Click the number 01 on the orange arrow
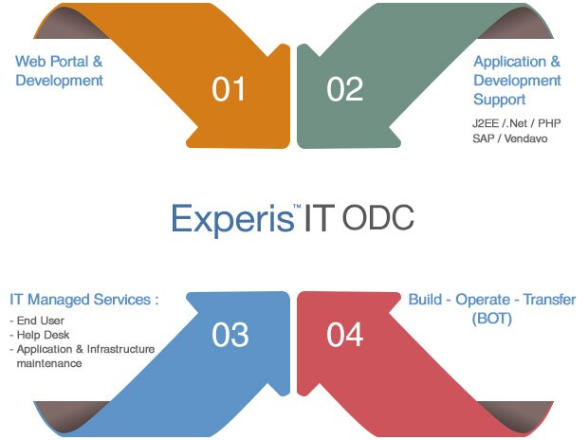pyautogui.click(x=229, y=89)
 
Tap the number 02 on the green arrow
pyautogui.click(x=345, y=89)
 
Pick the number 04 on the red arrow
pyautogui.click(x=345, y=335)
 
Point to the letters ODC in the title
pyautogui.click(x=377, y=218)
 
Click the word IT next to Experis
pyautogui.click(x=319, y=218)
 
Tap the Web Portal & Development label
pyautogui.click(x=59, y=71)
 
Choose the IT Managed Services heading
pyautogui.click(x=83, y=300)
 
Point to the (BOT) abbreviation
pyautogui.click(x=491, y=320)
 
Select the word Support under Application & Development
pyautogui.click(x=500, y=100)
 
